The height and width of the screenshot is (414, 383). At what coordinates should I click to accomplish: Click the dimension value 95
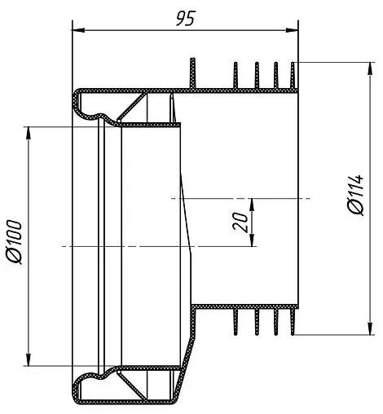coord(186,19)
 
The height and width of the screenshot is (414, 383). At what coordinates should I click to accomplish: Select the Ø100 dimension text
coord(14,242)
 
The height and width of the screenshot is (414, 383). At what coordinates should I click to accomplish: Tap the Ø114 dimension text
coord(355,195)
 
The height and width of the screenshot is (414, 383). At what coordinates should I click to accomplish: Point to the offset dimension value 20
coord(240,222)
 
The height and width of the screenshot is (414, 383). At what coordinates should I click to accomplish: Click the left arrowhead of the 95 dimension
coord(78,30)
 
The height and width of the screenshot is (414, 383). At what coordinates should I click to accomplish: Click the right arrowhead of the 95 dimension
coord(292,30)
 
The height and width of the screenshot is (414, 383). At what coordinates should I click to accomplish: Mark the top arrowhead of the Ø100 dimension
coord(28,134)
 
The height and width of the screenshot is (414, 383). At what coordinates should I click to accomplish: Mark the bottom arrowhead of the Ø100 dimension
coord(28,359)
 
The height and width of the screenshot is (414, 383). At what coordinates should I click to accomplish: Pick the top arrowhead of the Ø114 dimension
coord(370,68)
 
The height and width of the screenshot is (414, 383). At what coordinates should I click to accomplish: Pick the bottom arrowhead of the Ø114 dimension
coord(370,328)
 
